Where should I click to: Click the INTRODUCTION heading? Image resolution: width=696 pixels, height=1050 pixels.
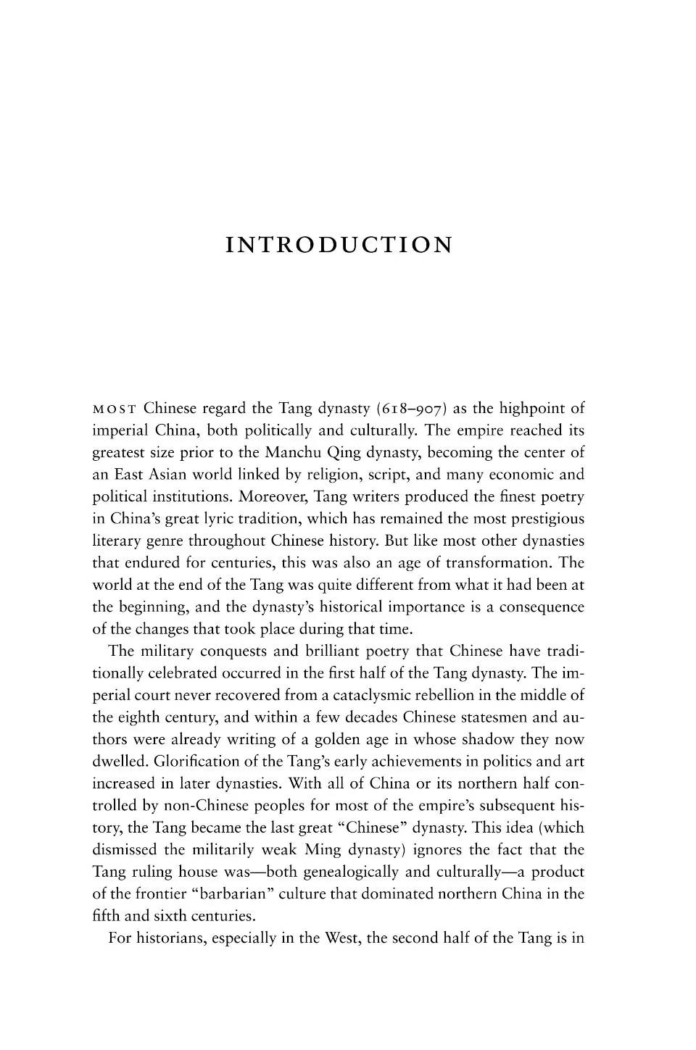(339, 245)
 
